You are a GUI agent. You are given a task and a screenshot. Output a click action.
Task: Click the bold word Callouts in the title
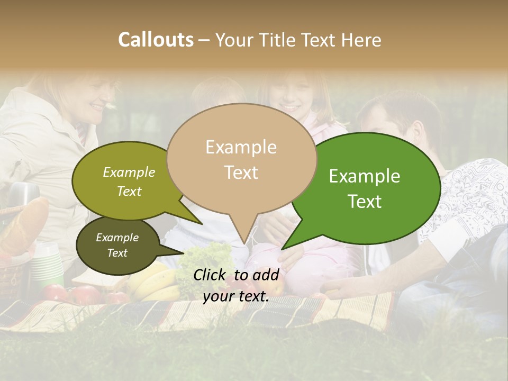[x=156, y=40]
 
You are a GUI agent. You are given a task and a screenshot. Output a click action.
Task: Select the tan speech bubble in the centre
[x=241, y=159]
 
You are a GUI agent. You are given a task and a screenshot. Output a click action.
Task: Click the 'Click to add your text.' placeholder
[x=236, y=286]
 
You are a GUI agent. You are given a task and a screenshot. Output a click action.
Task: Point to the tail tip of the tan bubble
[x=244, y=243]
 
